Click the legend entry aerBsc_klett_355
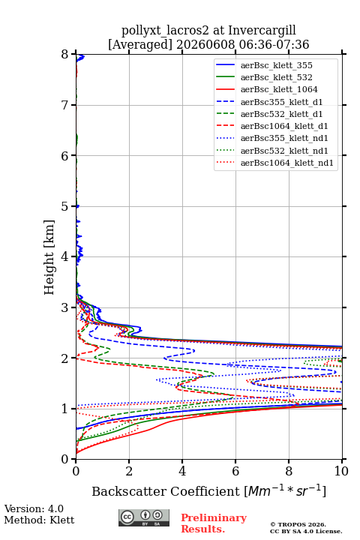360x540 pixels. [x=276, y=65]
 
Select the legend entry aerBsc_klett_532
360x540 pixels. [x=276, y=77]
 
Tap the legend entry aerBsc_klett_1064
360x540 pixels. [x=279, y=89]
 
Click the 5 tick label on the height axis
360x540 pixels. [x=64, y=206]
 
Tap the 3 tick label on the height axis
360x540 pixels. [x=64, y=307]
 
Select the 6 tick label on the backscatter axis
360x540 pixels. [x=235, y=471]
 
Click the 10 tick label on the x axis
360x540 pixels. [x=341, y=471]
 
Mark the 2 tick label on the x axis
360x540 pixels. [x=129, y=471]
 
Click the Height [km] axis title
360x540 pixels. [x=49, y=257]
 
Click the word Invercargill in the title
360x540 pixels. [x=262, y=31]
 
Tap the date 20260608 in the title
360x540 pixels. [x=205, y=44]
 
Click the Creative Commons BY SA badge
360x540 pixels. [x=144, y=517]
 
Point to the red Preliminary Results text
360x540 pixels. [x=214, y=523]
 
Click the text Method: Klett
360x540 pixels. [x=39, y=520]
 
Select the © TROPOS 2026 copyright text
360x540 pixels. [x=298, y=524]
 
